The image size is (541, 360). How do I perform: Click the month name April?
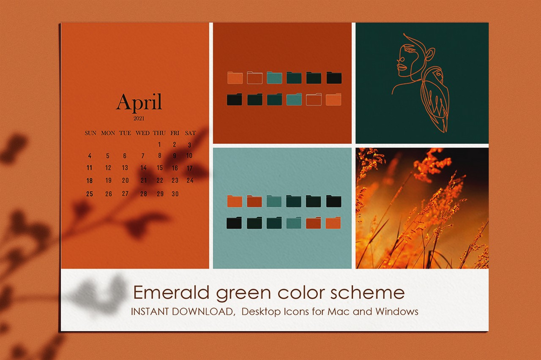139,102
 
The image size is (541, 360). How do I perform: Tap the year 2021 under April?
139,118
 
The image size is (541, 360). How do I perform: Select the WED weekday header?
142,133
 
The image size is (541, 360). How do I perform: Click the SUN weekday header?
90,133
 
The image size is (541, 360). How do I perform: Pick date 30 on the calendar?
175,194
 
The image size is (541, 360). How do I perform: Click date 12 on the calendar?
108,168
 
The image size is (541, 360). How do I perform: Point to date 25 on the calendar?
90,194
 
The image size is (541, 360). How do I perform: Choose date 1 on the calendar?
159,145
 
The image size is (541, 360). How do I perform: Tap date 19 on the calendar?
109,180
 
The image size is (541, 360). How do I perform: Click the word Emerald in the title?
171,292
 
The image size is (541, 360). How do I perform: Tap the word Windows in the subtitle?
397,311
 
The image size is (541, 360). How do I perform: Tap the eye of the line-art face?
409,50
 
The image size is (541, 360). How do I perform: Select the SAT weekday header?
190,133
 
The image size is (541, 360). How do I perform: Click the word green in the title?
243,294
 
